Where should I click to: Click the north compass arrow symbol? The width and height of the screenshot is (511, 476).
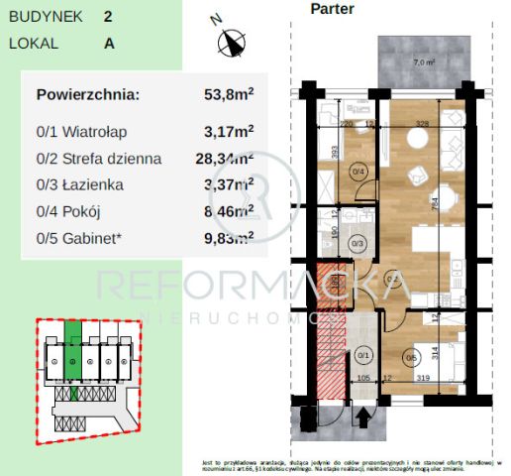233,42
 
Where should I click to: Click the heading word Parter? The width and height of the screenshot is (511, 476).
332,9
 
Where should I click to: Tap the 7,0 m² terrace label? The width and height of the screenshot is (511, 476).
423,63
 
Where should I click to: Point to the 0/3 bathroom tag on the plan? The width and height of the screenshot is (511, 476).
359,242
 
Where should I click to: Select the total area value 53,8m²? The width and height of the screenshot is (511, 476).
228,95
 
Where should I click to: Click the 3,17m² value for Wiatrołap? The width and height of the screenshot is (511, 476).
228,130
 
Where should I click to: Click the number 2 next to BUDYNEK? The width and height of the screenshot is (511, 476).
108,17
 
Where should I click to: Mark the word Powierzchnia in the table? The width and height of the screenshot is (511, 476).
88,95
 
